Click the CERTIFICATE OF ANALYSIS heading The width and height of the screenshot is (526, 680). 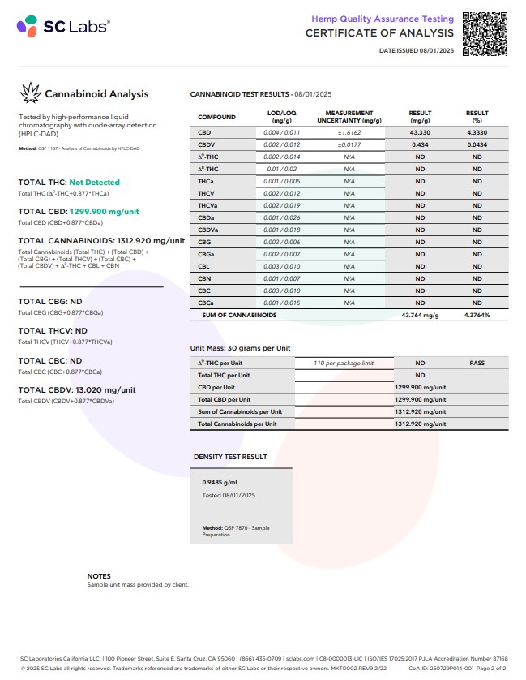[x=379, y=33]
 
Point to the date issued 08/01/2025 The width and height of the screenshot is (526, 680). [x=417, y=51]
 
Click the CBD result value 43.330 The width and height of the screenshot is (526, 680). [x=420, y=132]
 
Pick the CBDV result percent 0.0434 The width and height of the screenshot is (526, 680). [x=477, y=144]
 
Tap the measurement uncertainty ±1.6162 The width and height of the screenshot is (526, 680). [x=349, y=132]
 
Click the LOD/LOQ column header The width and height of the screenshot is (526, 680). [x=282, y=116]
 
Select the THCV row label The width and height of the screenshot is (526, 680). [x=206, y=193]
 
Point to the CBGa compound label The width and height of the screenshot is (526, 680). [x=207, y=254]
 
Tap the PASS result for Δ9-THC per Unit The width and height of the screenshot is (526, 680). [x=477, y=364]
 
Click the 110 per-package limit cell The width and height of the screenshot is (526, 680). [x=344, y=364]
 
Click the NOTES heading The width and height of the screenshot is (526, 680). [x=99, y=576]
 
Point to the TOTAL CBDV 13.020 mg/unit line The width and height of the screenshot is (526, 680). [x=77, y=389]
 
